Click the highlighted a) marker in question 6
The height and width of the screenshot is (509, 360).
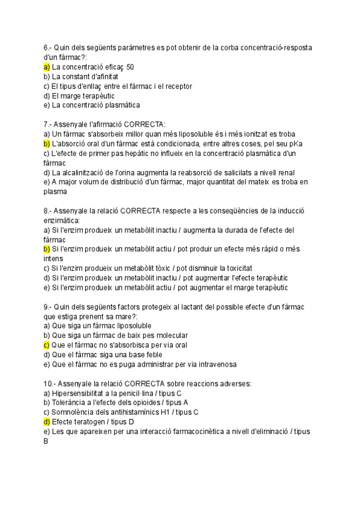[47, 67]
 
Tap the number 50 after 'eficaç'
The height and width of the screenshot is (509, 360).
[130, 67]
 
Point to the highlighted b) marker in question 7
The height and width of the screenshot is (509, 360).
[47, 144]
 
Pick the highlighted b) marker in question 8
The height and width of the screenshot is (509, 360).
[47, 249]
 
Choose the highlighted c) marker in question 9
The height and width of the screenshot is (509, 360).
[47, 345]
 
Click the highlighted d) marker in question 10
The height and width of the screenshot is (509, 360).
[47, 422]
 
